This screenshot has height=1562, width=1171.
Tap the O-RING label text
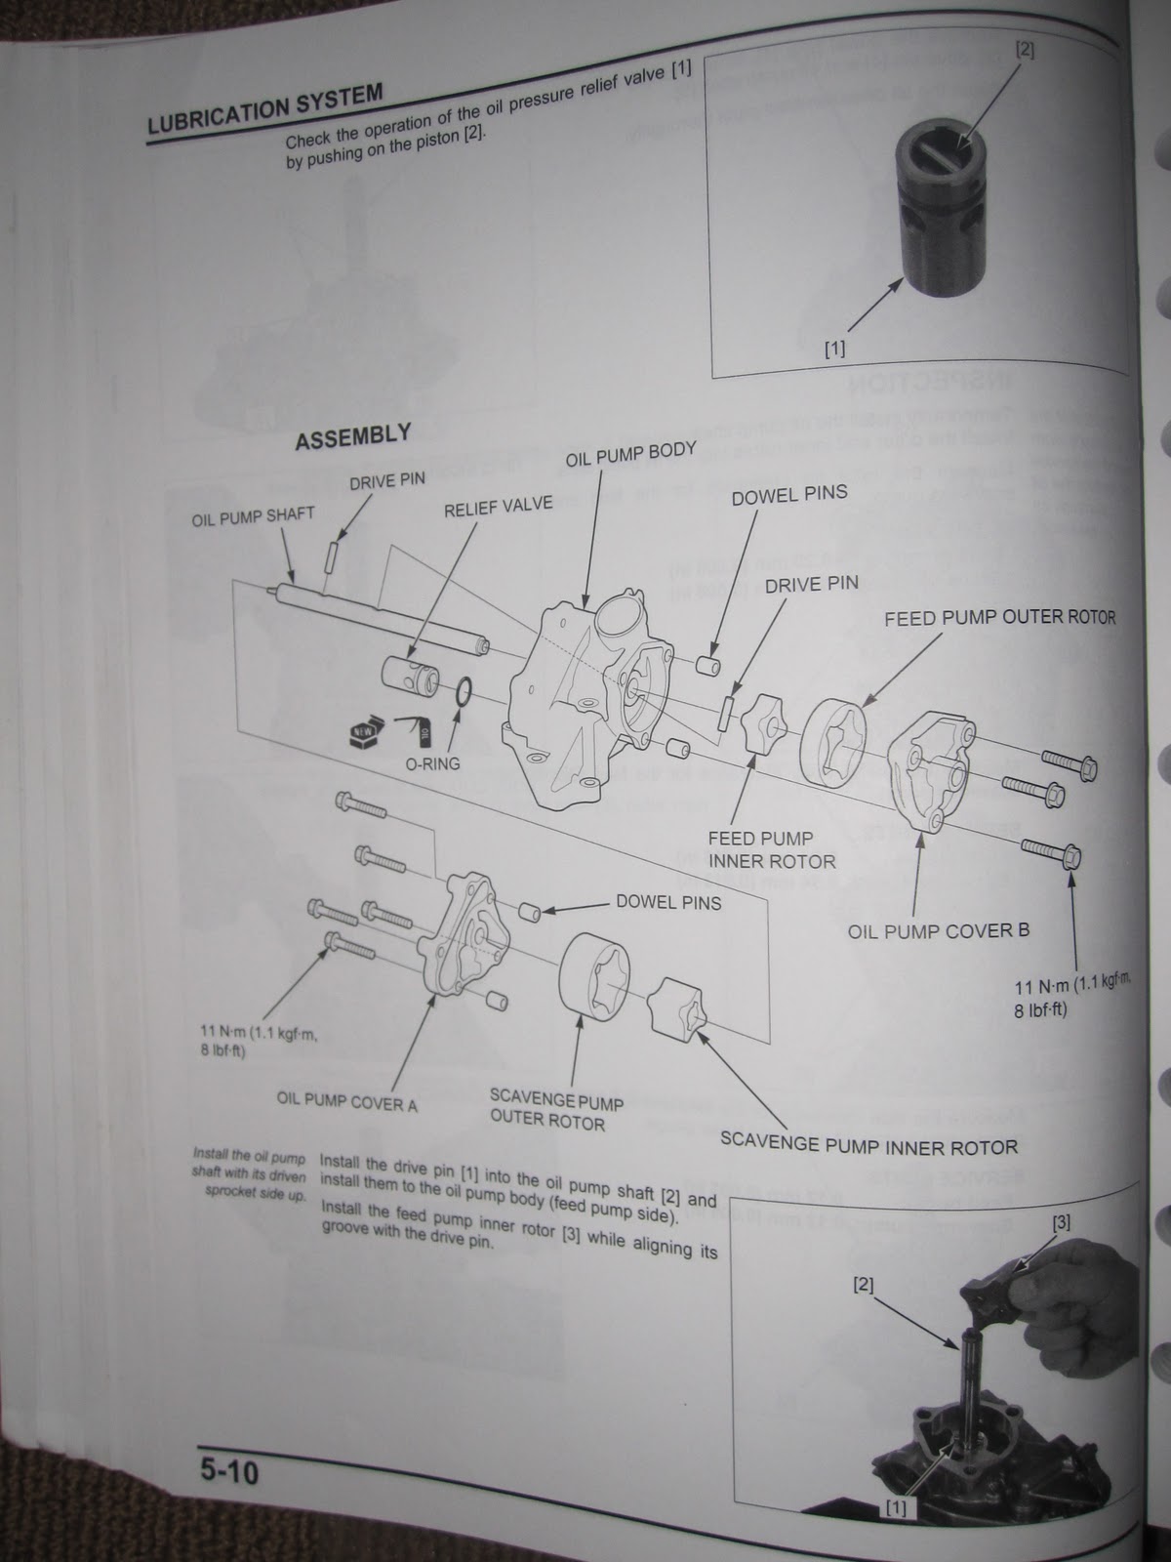pyautogui.click(x=432, y=762)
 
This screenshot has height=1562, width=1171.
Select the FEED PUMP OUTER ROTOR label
pyautogui.click(x=999, y=618)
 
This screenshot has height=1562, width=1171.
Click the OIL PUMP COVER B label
pyautogui.click(x=938, y=930)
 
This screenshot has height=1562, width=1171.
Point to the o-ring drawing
pyautogui.click(x=464, y=693)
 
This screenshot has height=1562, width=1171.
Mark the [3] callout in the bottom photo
pyautogui.click(x=1061, y=1220)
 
